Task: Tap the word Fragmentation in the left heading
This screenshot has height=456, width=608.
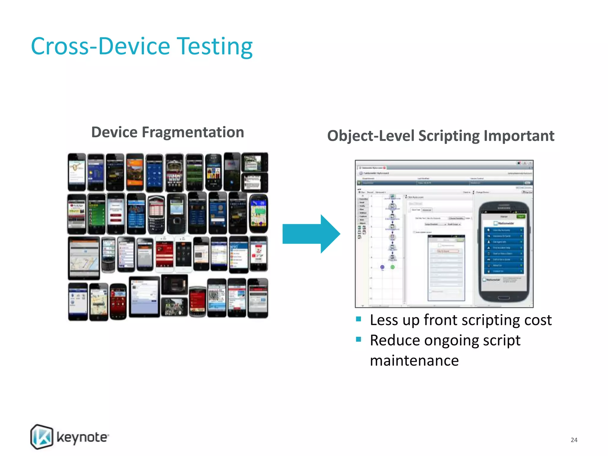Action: pyautogui.click(x=193, y=132)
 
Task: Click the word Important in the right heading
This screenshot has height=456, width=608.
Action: pyautogui.click(x=519, y=136)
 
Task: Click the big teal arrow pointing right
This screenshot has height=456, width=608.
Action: pyautogui.click(x=311, y=234)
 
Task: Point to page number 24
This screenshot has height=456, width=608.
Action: pyautogui.click(x=574, y=440)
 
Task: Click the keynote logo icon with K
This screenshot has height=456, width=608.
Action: pyautogui.click(x=42, y=436)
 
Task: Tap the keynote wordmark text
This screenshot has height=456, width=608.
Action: pyautogui.click(x=82, y=437)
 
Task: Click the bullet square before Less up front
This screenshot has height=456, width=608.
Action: pyautogui.click(x=359, y=319)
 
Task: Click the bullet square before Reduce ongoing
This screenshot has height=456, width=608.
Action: pyautogui.click(x=359, y=339)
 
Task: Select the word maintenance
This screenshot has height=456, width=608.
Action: pyautogui.click(x=414, y=361)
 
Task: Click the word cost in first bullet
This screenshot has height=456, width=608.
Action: pyautogui.click(x=538, y=320)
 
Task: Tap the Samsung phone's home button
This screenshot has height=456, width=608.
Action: pyautogui.click(x=503, y=298)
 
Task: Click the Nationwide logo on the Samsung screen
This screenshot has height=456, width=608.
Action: pyautogui.click(x=504, y=223)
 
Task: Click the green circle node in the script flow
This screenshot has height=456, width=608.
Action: pyautogui.click(x=392, y=267)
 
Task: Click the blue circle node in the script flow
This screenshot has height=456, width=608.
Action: pyautogui.click(x=382, y=267)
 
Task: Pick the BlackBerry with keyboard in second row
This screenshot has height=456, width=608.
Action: pyautogui.click(x=156, y=214)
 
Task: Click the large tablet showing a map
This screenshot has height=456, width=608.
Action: pyautogui.click(x=84, y=258)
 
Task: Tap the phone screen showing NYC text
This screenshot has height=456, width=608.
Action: pyautogui.click(x=238, y=255)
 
